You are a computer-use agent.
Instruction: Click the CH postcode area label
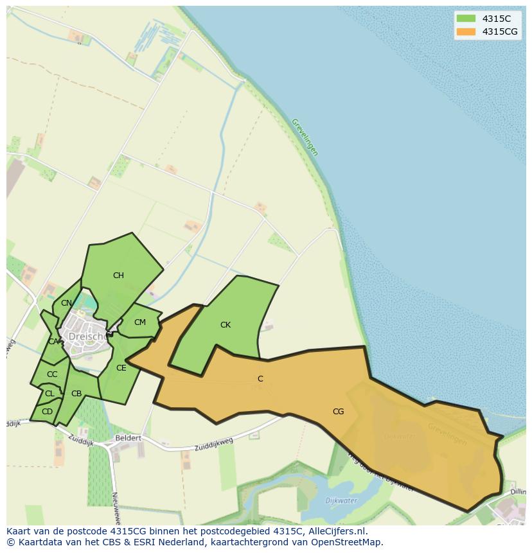pyautogui.click(x=118, y=276)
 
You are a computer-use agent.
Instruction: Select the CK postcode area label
pyautogui.click(x=226, y=325)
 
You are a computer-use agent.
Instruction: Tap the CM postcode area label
pyautogui.click(x=140, y=322)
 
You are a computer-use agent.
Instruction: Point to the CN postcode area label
pyautogui.click(x=67, y=303)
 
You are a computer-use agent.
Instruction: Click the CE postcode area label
pyautogui.click(x=121, y=368)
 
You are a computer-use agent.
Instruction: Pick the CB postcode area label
pyautogui.click(x=76, y=394)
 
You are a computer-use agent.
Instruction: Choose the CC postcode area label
pyautogui.click(x=52, y=374)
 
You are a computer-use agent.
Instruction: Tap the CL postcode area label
pyautogui.click(x=49, y=394)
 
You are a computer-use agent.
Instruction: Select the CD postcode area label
pyautogui.click(x=47, y=412)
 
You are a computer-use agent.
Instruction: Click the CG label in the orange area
pyautogui.click(x=338, y=412)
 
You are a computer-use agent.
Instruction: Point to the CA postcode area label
pyautogui.click(x=53, y=342)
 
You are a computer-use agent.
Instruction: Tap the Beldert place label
pyautogui.click(x=128, y=438)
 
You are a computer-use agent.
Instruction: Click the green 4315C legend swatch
pyautogui.click(x=466, y=19)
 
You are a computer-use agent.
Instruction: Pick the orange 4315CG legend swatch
pyautogui.click(x=466, y=31)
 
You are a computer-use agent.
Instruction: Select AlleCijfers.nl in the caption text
pyautogui.click(x=337, y=531)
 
